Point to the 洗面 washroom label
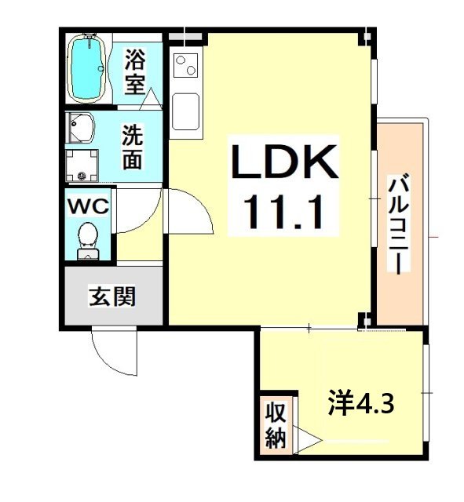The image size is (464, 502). pos(132,147)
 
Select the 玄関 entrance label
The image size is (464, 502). pos(113,296)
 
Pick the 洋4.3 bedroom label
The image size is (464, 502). pos(360,406)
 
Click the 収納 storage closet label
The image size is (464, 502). pos(274,424)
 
